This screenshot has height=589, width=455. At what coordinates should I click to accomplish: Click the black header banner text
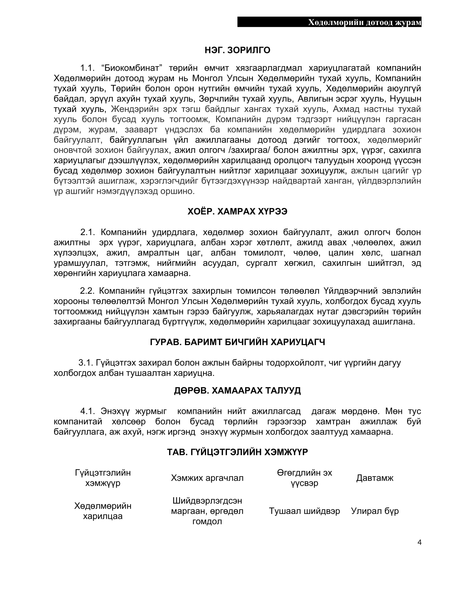pos(365,22)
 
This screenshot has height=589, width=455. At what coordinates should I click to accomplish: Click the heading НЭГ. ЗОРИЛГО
pos(237,50)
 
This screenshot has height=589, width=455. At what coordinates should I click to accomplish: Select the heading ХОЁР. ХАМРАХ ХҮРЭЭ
pos(237,212)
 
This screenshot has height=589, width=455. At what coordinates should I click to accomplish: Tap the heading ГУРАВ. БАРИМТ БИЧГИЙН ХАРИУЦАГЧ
pos(237,342)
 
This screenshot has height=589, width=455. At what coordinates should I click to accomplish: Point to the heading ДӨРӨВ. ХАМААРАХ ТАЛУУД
pos(237,390)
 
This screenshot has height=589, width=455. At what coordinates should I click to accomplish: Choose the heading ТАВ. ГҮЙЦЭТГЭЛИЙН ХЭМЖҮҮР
pos(237,452)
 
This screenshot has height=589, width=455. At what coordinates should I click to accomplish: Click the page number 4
pos(419,542)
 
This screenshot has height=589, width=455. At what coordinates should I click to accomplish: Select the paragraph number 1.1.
pos(88,68)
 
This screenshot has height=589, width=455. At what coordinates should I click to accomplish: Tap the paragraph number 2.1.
pos(88,232)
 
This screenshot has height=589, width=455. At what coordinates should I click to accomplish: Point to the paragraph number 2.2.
pos(87,291)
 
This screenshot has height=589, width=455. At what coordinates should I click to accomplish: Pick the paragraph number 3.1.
pos(86,363)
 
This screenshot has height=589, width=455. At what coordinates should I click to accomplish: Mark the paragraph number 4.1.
pos(88,411)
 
